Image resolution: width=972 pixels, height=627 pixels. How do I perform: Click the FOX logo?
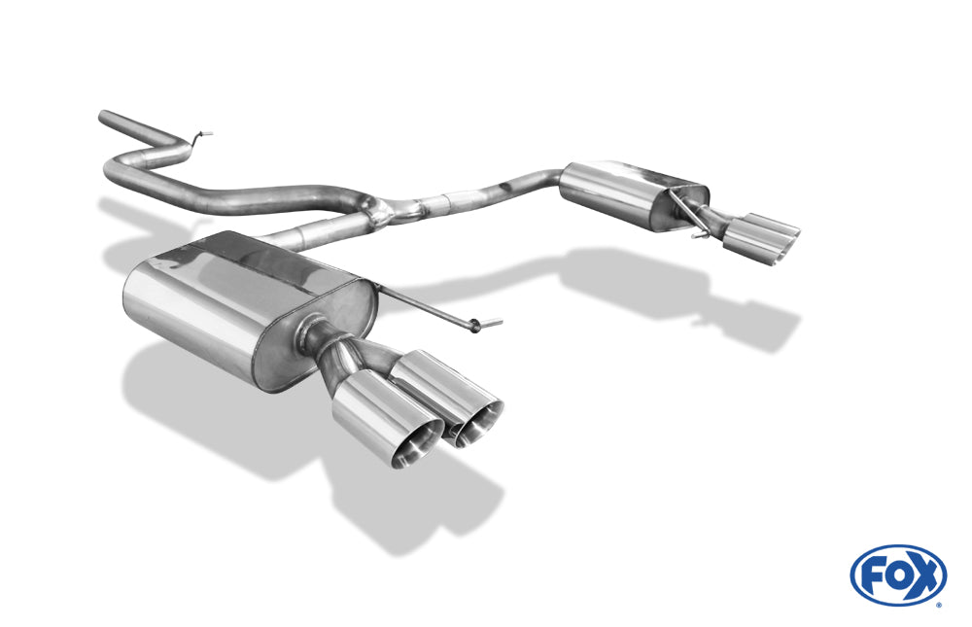coord(898,575)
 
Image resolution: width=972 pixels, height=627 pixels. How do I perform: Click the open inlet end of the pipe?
coord(102,117)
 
